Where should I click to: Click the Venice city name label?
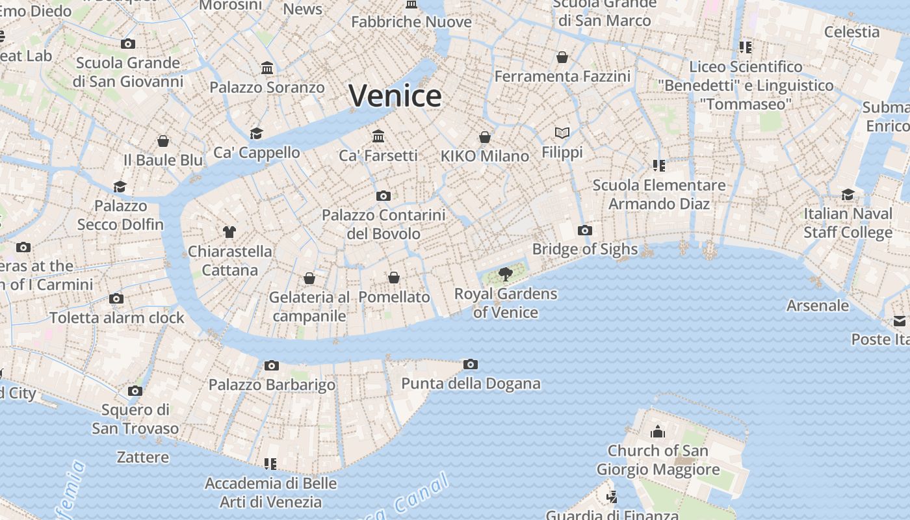click(395, 96)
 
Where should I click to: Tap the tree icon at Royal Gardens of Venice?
click(505, 274)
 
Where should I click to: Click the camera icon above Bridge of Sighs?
click(584, 230)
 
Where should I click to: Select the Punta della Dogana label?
click(471, 383)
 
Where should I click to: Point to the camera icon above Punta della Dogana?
click(471, 364)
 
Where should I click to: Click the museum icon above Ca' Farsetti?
click(378, 136)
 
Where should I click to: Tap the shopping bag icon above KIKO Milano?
click(485, 136)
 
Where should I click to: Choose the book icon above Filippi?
click(562, 133)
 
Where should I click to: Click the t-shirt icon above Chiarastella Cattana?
click(229, 231)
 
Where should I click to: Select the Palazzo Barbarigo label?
click(272, 385)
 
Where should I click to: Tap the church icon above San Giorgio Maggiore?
click(658, 432)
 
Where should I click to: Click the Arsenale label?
click(818, 305)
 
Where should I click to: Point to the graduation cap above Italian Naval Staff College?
click(848, 194)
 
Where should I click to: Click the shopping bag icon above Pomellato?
click(394, 278)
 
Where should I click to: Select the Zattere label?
click(143, 458)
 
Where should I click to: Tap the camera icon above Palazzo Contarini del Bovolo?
click(383, 196)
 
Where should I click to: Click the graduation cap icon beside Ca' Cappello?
click(257, 133)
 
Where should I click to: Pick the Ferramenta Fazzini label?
click(562, 77)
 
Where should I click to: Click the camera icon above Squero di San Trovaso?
click(135, 391)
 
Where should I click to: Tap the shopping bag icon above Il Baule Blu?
click(163, 141)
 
